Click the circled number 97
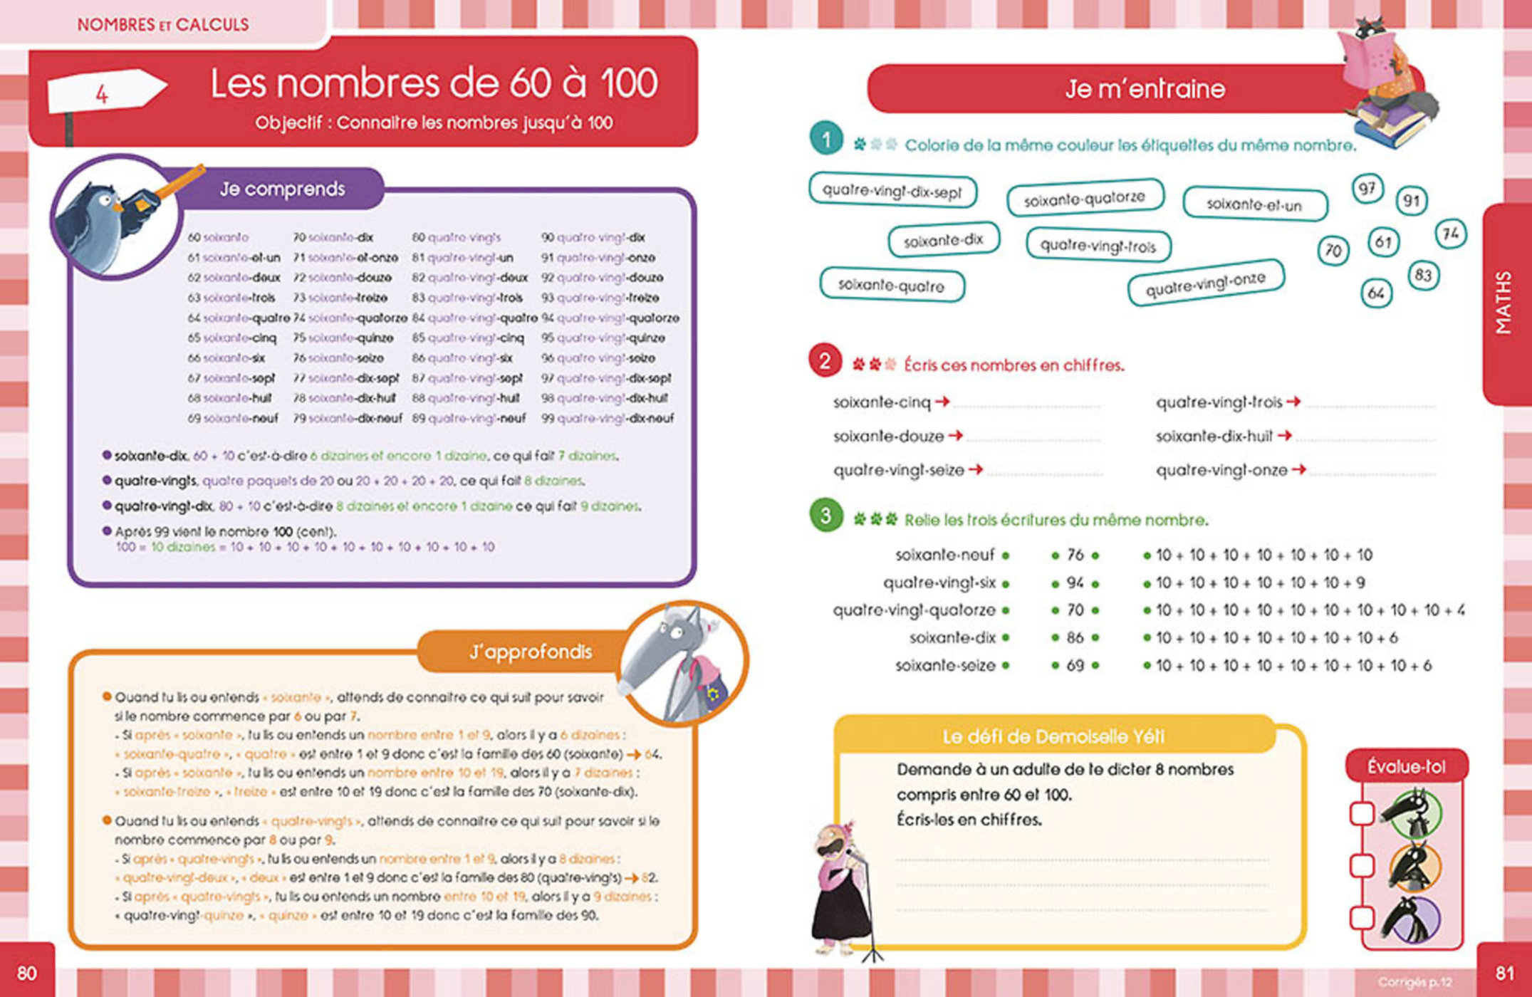point(1367,189)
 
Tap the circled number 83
point(1423,276)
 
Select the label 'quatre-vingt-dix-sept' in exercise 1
point(892,192)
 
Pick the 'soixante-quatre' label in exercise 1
point(891,286)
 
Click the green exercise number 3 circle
point(825,516)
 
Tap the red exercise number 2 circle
point(825,362)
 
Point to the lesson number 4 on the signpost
point(102,94)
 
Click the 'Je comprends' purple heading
point(282,189)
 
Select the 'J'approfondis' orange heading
point(531,652)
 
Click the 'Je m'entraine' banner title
point(1145,89)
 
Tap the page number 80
point(26,973)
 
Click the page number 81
point(1504,973)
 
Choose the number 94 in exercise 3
point(1075,583)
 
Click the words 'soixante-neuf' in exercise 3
point(944,555)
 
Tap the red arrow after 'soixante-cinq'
point(942,402)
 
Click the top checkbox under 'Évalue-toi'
point(1362,813)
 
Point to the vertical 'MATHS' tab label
point(1503,302)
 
